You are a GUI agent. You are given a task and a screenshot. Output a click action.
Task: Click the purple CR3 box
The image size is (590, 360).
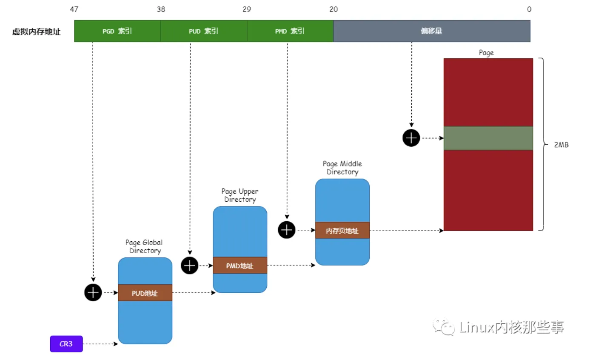pos(66,344)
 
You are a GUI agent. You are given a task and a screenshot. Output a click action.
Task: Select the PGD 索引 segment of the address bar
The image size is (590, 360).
pos(117,31)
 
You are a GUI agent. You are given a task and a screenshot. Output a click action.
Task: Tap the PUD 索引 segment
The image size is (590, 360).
pos(204,31)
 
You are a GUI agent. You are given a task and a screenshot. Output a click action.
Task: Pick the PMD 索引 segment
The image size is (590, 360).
pos(290,31)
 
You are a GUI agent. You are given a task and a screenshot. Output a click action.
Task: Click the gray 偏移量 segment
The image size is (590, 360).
pos(431,31)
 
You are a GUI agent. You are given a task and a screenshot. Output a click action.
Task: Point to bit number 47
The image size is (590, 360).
pos(74,9)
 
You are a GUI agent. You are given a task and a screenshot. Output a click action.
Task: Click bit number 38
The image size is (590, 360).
pos(161,9)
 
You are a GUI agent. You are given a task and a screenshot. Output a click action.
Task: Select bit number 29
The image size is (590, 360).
pos(247,9)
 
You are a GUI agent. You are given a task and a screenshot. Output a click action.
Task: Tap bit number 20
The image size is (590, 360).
pos(333,9)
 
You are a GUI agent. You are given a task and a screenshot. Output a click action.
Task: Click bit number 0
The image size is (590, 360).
pos(529,9)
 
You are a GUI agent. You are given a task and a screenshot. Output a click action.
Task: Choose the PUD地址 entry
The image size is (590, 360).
pos(145,293)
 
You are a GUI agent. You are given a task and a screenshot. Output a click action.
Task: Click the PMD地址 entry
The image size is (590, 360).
pos(240,266)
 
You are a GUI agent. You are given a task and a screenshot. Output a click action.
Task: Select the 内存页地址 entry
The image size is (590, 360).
pos(342,231)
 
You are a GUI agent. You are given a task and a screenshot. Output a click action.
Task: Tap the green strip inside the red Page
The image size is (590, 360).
pos(488,138)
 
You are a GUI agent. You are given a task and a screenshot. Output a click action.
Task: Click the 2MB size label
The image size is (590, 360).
pos(561,145)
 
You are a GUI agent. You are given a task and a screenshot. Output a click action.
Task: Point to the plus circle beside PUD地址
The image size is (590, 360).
pos(93,293)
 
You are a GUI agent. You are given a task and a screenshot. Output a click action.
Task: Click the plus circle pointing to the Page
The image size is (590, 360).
pos(411,138)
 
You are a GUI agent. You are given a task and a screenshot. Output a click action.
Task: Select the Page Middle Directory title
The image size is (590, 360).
pos(342,168)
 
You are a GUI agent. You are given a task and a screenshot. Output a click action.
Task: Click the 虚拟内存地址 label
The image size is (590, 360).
pos(37,31)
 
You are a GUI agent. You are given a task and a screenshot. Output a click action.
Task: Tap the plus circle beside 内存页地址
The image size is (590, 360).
pos(287,230)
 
